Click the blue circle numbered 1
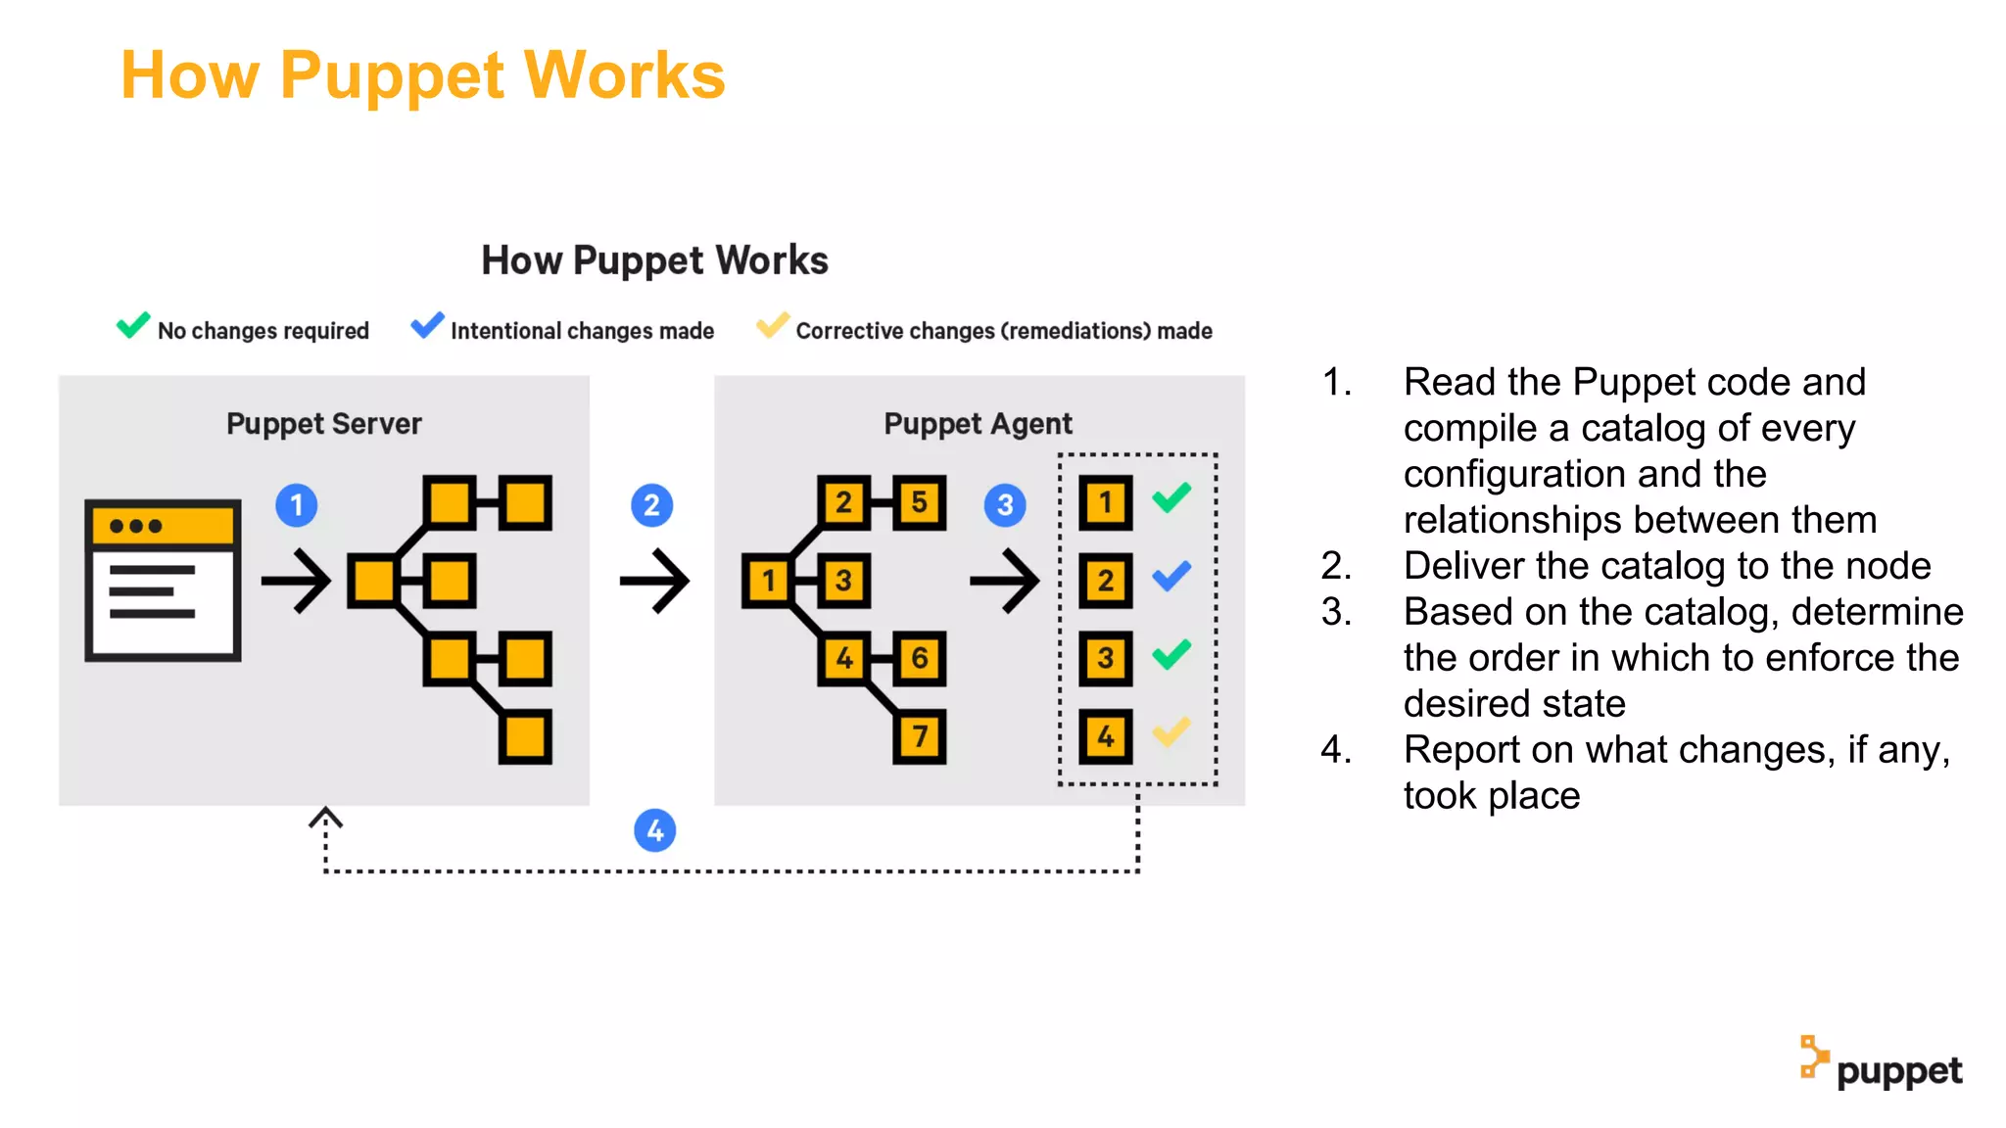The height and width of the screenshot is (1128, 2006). click(297, 505)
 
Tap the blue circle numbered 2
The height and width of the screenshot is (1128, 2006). click(651, 505)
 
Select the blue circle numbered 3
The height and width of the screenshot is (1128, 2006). click(1005, 505)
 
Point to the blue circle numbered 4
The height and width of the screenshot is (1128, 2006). click(655, 830)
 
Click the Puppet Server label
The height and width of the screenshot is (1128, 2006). click(323, 424)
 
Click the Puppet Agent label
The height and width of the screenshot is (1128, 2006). click(978, 424)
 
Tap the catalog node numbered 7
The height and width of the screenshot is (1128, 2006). click(920, 736)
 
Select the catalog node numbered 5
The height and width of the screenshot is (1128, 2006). click(920, 502)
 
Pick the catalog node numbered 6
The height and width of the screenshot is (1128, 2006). click(920, 658)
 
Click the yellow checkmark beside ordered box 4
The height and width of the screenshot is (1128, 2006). click(1171, 731)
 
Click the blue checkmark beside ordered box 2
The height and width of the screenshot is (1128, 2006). click(1171, 576)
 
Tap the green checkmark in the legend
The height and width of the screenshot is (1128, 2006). click(133, 325)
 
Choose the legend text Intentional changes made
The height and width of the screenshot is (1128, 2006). click(582, 331)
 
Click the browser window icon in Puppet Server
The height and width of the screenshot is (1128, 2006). click(163, 581)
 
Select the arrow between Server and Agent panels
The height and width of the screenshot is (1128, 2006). click(654, 581)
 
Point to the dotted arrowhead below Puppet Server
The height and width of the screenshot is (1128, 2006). click(325, 818)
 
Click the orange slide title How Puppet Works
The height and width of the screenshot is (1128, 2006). click(422, 75)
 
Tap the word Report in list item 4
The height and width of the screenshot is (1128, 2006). click(1461, 750)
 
